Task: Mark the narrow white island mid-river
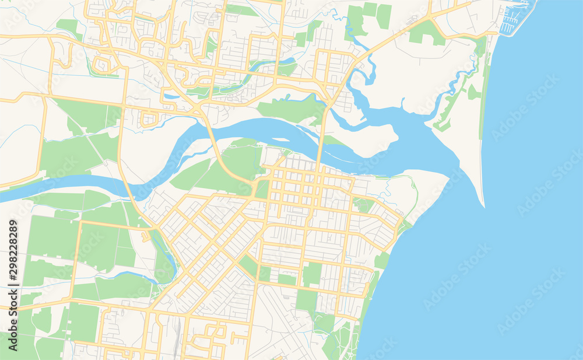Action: pyautogui.click(x=280, y=139)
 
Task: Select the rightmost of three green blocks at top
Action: pyautogui.click(x=384, y=16)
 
